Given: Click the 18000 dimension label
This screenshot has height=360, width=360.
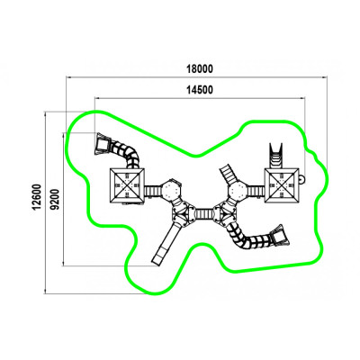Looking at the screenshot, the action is [x=200, y=68].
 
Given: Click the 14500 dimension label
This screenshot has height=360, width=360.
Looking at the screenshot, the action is [x=200, y=90].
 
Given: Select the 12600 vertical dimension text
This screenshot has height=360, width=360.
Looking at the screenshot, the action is [x=37, y=197].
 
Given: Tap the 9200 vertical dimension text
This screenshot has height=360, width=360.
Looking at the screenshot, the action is [x=55, y=199].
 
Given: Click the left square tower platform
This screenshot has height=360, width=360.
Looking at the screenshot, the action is [x=128, y=186].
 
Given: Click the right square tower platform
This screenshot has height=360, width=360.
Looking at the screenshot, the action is [x=282, y=185].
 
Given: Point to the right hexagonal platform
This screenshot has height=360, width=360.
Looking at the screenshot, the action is [x=238, y=190].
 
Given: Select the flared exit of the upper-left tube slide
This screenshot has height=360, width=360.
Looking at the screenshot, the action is [x=103, y=144].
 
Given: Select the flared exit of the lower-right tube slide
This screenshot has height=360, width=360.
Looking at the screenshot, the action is [x=280, y=236].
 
